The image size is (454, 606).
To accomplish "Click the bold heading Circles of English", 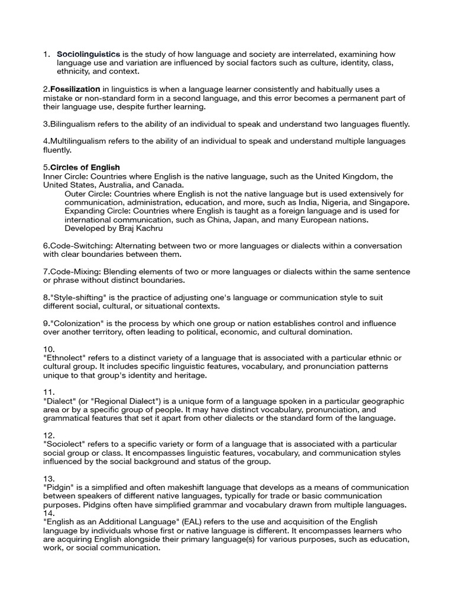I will point(85,167).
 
